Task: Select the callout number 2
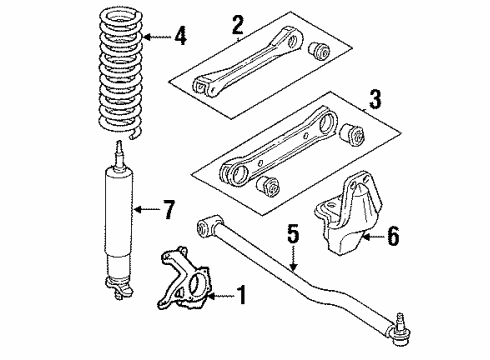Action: click(x=237, y=22)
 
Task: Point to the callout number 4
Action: click(x=180, y=39)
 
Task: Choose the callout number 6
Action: click(x=393, y=237)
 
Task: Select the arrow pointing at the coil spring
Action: click(x=154, y=39)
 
